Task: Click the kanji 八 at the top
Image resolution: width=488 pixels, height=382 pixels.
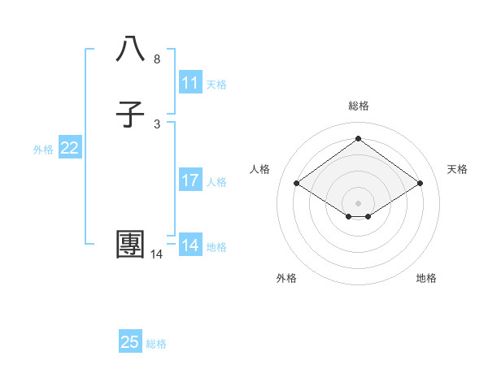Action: pyautogui.click(x=131, y=50)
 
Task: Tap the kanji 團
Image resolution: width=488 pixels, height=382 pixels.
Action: pyautogui.click(x=131, y=245)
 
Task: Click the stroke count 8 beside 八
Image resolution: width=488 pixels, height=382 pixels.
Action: pyautogui.click(x=157, y=59)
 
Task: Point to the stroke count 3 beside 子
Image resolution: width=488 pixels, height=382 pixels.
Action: pyautogui.click(x=157, y=124)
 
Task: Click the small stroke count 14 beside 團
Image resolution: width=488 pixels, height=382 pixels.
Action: pyautogui.click(x=157, y=254)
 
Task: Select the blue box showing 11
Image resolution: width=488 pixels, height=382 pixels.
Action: pyautogui.click(x=190, y=83)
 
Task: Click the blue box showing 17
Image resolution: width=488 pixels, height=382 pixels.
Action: pyautogui.click(x=190, y=180)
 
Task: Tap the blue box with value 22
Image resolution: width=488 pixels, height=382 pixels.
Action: pyautogui.click(x=70, y=148)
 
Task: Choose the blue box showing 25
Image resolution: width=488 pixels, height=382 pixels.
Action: pyautogui.click(x=130, y=342)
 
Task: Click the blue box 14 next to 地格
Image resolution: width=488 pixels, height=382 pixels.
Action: pyautogui.click(x=190, y=245)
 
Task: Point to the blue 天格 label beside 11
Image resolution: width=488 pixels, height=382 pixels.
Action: pyautogui.click(x=216, y=85)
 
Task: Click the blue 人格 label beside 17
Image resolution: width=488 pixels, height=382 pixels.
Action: pyautogui.click(x=216, y=182)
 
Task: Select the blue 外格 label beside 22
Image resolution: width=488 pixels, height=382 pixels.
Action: pyautogui.click(x=43, y=150)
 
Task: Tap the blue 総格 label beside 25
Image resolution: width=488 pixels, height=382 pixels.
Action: pyautogui.click(x=156, y=344)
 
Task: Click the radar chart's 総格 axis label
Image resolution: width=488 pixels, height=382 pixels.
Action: pyautogui.click(x=359, y=106)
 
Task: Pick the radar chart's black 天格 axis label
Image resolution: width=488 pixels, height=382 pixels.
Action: pyautogui.click(x=458, y=169)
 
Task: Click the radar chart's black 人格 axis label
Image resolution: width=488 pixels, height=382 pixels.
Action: pyautogui.click(x=259, y=169)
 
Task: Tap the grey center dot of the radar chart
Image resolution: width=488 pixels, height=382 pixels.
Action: pyautogui.click(x=359, y=202)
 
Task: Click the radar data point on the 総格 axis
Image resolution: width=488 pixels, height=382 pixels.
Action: pyautogui.click(x=359, y=139)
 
